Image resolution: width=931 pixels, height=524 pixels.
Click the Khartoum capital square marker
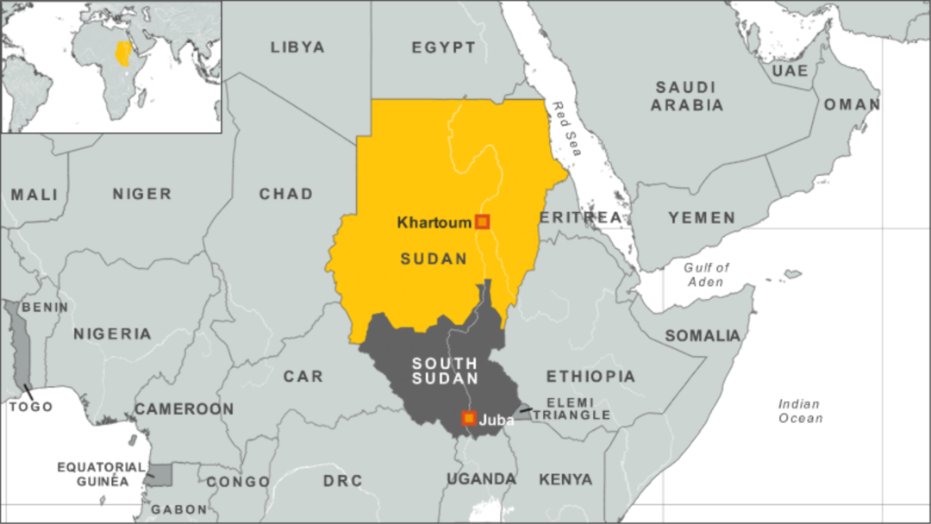point(483,221)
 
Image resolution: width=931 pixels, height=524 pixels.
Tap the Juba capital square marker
point(469,418)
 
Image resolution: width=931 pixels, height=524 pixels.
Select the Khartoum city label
point(434,222)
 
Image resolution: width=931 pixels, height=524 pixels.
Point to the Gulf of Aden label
point(706,274)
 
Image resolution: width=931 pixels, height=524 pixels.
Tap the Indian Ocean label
point(800,410)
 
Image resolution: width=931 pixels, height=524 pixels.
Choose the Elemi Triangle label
point(571,408)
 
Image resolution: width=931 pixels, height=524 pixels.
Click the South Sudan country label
point(445,371)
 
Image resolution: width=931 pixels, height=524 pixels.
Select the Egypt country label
point(443,47)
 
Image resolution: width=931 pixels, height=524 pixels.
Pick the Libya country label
point(297,47)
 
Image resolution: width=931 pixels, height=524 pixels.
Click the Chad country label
point(286,194)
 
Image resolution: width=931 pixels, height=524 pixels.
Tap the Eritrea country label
point(580,217)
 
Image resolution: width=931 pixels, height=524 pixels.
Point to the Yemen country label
point(702,218)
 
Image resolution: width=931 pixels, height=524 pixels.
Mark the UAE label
point(790,71)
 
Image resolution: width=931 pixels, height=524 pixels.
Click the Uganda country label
point(481,478)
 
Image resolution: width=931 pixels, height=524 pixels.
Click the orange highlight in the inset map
point(124,53)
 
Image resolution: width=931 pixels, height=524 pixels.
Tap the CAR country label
point(303,376)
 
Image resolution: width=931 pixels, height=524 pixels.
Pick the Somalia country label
point(703,335)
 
